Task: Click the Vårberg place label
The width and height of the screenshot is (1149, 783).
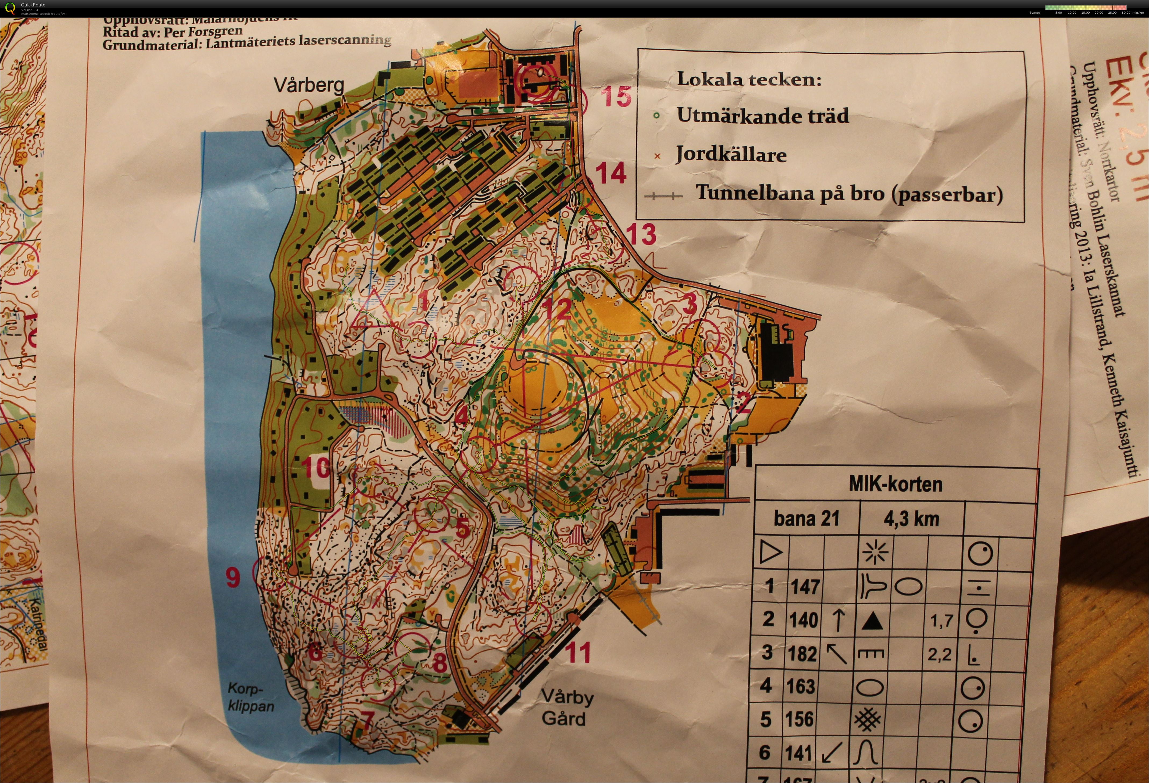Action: coord(309,85)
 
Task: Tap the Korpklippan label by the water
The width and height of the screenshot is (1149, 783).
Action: coord(250,697)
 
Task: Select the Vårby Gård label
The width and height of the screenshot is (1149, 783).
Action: coord(567,708)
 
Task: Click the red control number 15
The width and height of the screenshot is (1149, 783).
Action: coord(616,96)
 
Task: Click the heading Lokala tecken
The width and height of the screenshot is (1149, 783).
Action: coord(748,79)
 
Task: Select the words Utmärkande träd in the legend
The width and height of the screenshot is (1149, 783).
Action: coord(762,116)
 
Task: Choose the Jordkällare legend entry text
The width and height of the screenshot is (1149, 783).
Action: coord(731,155)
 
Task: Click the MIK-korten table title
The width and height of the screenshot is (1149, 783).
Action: coord(895,484)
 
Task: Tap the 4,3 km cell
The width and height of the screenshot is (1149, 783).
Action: coord(911,519)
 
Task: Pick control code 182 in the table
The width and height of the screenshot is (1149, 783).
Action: coord(802,654)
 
